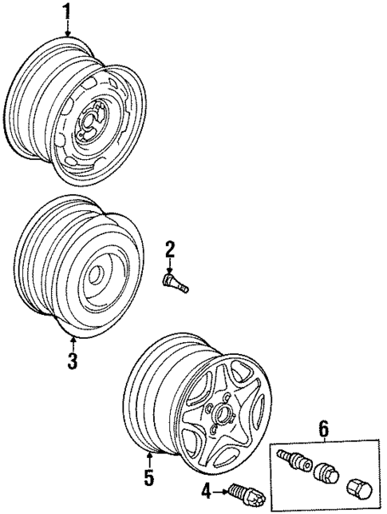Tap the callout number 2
point(170,250)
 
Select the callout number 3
point(72,361)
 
